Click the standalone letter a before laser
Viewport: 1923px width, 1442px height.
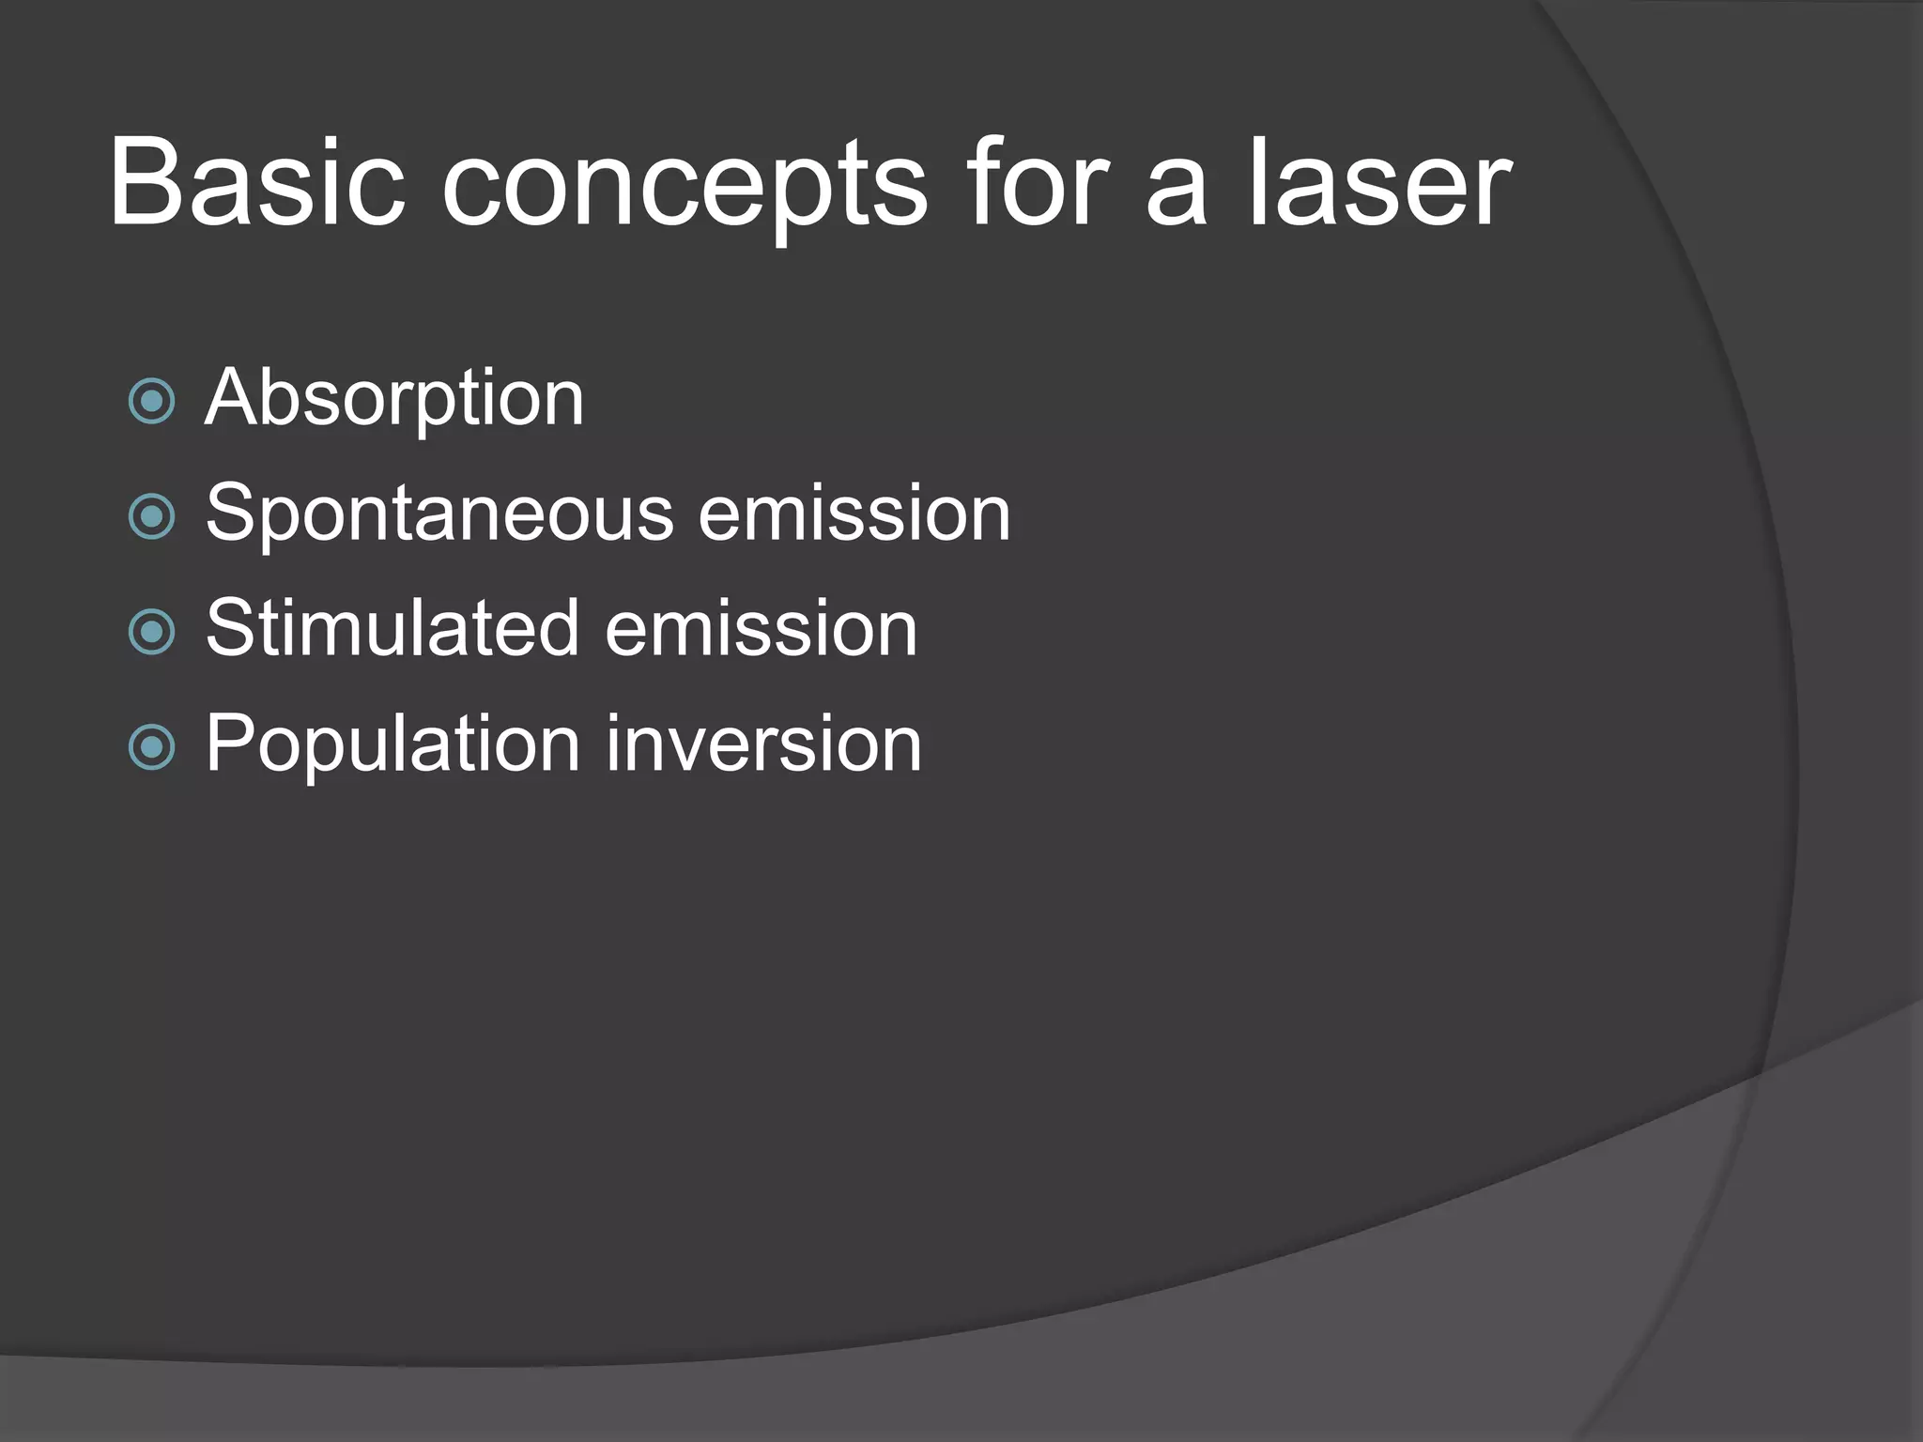coord(1176,192)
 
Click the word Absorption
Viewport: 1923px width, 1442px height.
coord(394,400)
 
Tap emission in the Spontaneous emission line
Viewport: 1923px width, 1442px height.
coord(854,514)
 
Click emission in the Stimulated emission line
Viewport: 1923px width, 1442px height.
coord(761,629)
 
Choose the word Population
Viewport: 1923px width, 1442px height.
coord(392,745)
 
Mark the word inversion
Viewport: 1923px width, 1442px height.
coord(763,744)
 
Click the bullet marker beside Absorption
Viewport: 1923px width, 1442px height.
coord(151,402)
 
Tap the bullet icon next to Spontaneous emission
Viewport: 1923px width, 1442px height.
coord(151,516)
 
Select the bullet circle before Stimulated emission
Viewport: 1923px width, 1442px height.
coord(151,632)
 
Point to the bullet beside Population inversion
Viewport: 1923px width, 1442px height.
coord(151,747)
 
